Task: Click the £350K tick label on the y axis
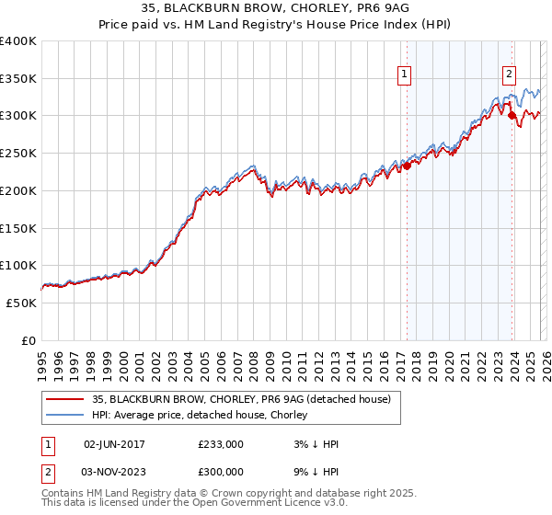click(x=18, y=79)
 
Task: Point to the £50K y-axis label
click(x=22, y=303)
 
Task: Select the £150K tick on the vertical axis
click(x=18, y=228)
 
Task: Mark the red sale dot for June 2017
click(x=406, y=166)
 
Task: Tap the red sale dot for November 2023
click(x=511, y=116)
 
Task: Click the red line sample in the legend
click(x=64, y=398)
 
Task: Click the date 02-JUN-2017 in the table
click(x=114, y=444)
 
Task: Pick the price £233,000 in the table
click(x=221, y=444)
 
